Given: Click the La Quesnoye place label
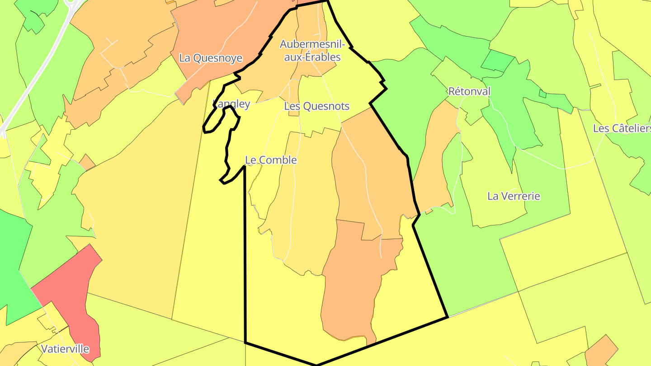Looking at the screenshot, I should point(211,58).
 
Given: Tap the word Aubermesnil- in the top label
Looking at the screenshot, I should point(312,44).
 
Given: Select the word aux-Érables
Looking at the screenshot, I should point(312,57).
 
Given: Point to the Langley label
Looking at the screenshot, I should point(231,104).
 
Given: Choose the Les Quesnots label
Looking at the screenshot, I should point(316,106).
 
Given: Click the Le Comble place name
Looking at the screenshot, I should point(271,160).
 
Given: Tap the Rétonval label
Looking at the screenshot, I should point(469,91).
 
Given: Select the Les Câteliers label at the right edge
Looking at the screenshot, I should point(622,128).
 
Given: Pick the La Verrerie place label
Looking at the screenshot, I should point(514,196).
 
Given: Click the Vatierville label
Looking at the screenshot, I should point(65,349).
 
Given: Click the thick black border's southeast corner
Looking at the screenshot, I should point(447,317).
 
